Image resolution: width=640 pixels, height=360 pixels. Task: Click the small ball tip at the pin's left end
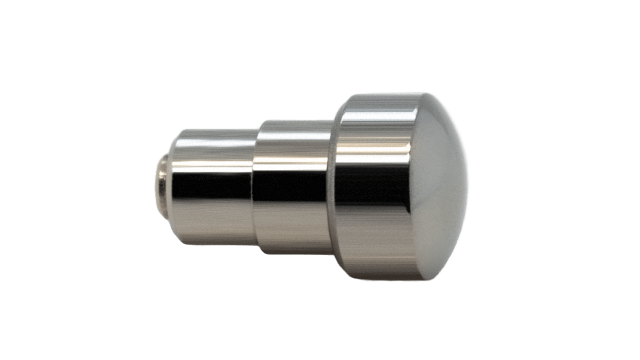[161, 181]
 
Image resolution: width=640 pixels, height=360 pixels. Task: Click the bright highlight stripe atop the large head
[376, 114]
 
